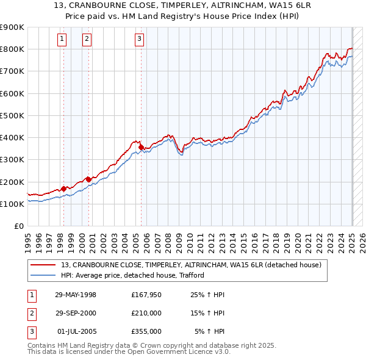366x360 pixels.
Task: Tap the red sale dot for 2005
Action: point(141,147)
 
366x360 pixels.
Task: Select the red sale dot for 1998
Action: point(63,189)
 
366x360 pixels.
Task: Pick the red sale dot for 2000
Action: point(88,179)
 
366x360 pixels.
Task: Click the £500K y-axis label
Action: point(12,115)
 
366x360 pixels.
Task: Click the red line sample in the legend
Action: point(43,264)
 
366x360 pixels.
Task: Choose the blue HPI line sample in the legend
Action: point(43,275)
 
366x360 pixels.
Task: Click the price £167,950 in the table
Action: point(146,295)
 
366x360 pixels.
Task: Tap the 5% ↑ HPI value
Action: point(209,331)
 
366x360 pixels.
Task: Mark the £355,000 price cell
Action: point(146,331)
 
